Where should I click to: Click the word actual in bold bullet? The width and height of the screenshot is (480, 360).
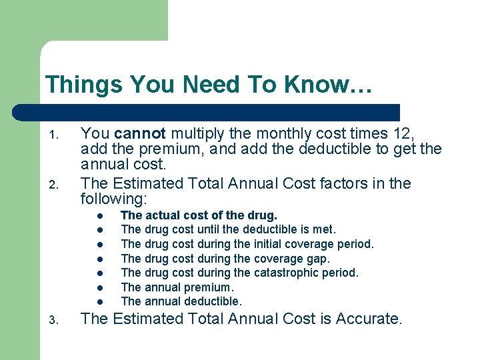tap(159, 215)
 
